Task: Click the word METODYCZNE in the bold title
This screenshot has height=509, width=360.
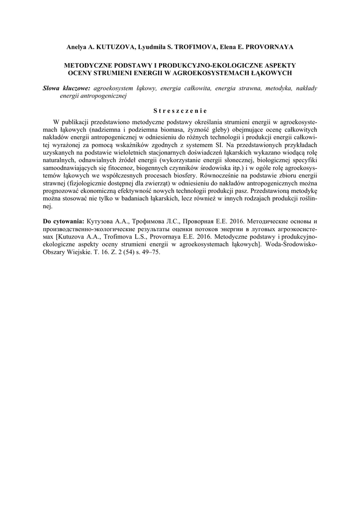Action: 89,65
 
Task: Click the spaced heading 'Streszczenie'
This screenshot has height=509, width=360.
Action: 180,110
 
